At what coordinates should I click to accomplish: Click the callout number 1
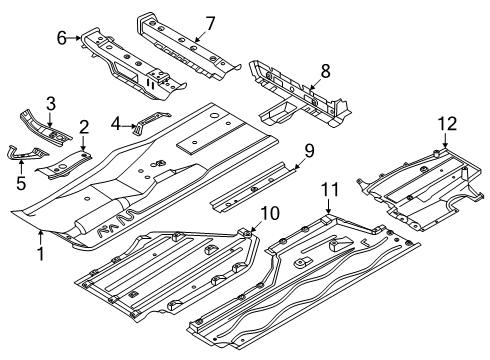coord(41,254)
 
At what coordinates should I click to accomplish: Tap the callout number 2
coord(84,127)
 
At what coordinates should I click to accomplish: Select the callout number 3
coord(50,103)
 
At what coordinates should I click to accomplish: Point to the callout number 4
coord(115,124)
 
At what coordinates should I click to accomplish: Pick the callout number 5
coord(21,183)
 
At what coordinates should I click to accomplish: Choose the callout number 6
coord(62,38)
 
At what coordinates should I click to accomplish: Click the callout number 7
coord(210,23)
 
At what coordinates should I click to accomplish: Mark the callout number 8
coord(325,71)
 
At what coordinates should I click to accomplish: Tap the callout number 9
coord(309,151)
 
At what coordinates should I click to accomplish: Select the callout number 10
coord(270,213)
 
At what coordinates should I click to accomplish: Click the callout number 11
coord(330,189)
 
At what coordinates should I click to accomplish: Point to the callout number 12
coord(447,124)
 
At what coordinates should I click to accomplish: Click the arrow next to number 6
coord(74,38)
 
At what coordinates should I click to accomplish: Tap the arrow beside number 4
coord(129,126)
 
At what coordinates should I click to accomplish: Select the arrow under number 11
coord(329,206)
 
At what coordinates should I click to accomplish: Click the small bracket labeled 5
coord(27,153)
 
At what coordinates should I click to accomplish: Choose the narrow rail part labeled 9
coord(253,187)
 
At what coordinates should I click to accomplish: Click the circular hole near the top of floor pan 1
coord(214,116)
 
